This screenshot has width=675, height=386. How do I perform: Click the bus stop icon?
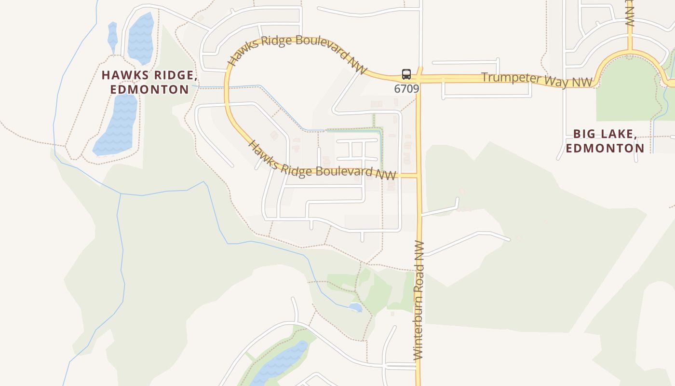pyautogui.click(x=406, y=74)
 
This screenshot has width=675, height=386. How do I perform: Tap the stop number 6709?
pyautogui.click(x=406, y=89)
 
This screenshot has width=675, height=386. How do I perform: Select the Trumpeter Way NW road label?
pyautogui.click(x=537, y=80)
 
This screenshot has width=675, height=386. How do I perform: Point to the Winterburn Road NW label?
pyautogui.click(x=419, y=300)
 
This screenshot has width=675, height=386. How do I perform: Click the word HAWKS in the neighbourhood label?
pyautogui.click(x=123, y=75)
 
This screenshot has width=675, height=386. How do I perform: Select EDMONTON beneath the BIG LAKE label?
pyautogui.click(x=605, y=148)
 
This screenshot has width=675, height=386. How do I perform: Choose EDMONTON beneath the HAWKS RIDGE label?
pyautogui.click(x=149, y=90)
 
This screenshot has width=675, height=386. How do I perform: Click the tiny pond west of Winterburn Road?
pyautogui.click(x=355, y=307)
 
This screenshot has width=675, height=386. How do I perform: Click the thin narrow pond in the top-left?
pyautogui.click(x=112, y=36)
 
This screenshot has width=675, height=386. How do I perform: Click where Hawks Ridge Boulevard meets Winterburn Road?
pyautogui.click(x=418, y=176)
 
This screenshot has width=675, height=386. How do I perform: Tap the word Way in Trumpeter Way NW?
pyautogui.click(x=554, y=81)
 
